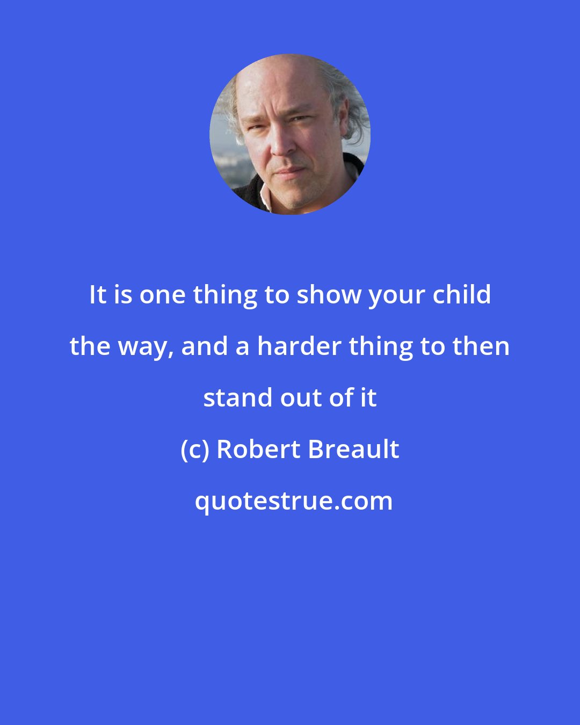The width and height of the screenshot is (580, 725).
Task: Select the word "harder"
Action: pos(299,346)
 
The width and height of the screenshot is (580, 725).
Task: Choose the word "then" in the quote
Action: pos(481,346)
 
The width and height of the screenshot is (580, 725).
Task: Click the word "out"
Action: pos(299,398)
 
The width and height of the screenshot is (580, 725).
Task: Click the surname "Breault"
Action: pos(354,450)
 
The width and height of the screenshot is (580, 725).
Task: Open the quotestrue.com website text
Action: pos(293,501)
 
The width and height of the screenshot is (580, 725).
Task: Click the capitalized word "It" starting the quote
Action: pos(98,295)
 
